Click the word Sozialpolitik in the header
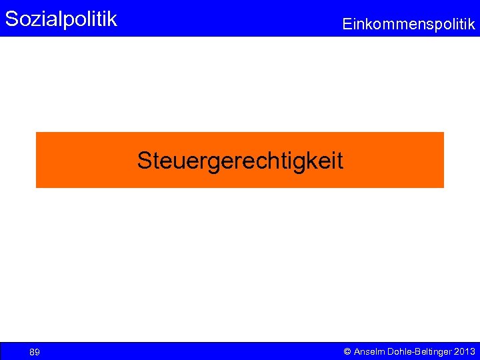pyautogui.click(x=61, y=19)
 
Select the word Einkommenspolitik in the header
pyautogui.click(x=408, y=25)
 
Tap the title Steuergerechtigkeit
pyautogui.click(x=240, y=161)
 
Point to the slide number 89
pyautogui.click(x=35, y=352)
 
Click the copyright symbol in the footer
pyautogui.click(x=347, y=351)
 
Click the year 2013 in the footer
pyautogui.click(x=464, y=351)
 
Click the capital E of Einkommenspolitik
pyautogui.click(x=347, y=25)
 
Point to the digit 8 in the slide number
pyautogui.click(x=32, y=352)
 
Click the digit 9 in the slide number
pyautogui.click(x=37, y=352)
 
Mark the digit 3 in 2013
pyautogui.click(x=473, y=351)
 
